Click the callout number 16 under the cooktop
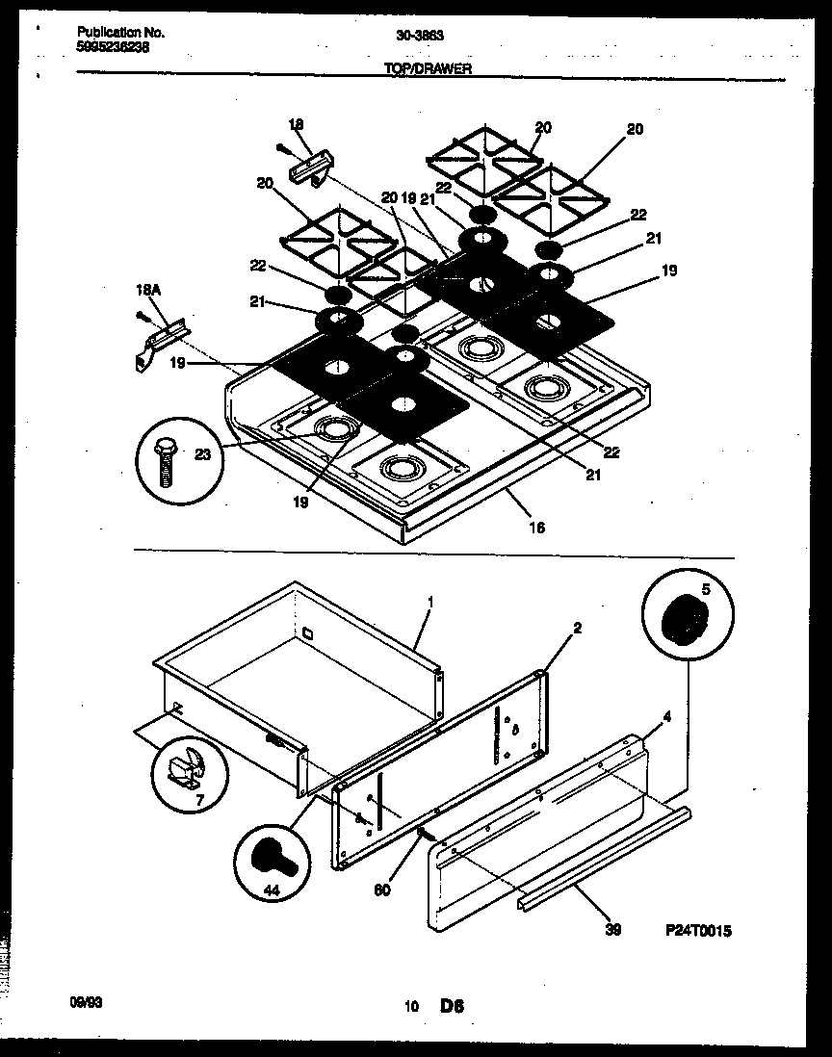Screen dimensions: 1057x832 tap(537, 527)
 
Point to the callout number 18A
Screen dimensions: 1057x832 tap(143, 289)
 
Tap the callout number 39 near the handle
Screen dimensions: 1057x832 tap(614, 931)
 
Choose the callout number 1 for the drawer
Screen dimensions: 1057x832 tap(430, 603)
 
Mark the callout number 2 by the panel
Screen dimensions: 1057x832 tap(577, 628)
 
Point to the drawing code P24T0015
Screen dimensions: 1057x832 tap(698, 931)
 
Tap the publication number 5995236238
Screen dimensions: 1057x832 tap(113, 45)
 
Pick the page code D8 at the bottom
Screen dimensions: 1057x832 tap(453, 1007)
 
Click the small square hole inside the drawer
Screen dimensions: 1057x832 tap(306, 633)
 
